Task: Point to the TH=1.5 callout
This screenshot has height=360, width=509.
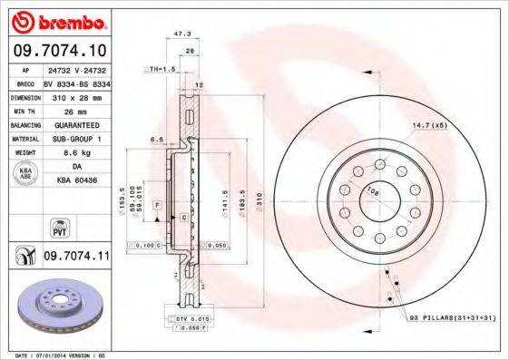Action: point(162,69)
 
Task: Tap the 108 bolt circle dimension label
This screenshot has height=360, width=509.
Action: point(372,191)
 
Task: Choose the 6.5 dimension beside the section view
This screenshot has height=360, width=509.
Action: point(155,140)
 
